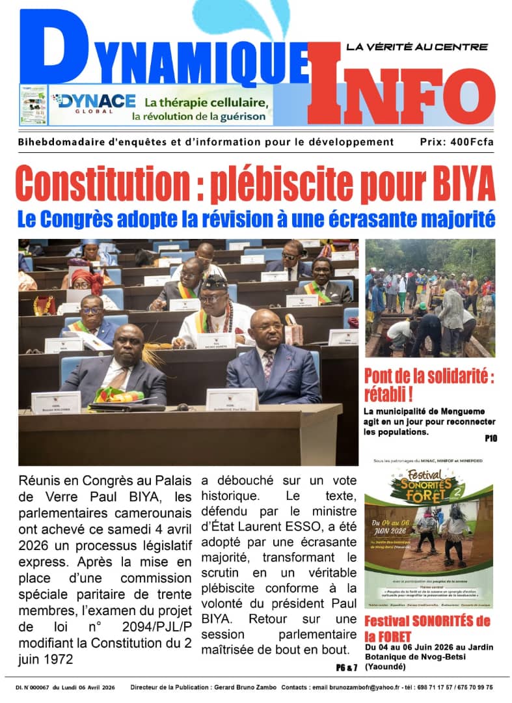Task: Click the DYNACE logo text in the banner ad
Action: coord(95,101)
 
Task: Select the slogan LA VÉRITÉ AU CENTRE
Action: coord(416,47)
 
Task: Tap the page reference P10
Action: coord(491,439)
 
